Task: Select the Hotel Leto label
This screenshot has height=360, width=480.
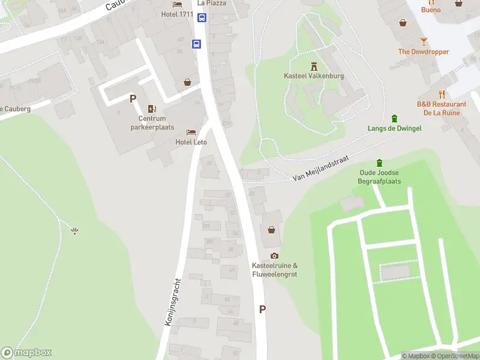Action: pyautogui.click(x=191, y=142)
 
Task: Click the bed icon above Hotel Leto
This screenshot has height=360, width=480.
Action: pyautogui.click(x=191, y=133)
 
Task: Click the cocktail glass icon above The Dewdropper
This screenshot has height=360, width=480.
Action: pyautogui.click(x=424, y=41)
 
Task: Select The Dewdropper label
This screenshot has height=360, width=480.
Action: pyautogui.click(x=424, y=52)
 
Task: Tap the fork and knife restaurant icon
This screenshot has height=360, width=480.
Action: pyautogui.click(x=442, y=94)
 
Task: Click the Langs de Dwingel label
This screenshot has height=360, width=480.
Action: pyautogui.click(x=394, y=128)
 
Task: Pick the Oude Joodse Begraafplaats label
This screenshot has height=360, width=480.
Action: pyautogui.click(x=379, y=177)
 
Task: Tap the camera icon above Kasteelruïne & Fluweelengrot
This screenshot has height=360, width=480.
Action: pyautogui.click(x=275, y=256)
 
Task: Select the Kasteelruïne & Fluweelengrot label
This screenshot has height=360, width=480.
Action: pyautogui.click(x=275, y=270)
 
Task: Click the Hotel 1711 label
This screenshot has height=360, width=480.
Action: pyautogui.click(x=178, y=14)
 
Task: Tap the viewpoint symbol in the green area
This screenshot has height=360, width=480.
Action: pyautogui.click(x=74, y=231)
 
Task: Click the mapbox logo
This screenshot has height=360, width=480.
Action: pyautogui.click(x=26, y=353)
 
